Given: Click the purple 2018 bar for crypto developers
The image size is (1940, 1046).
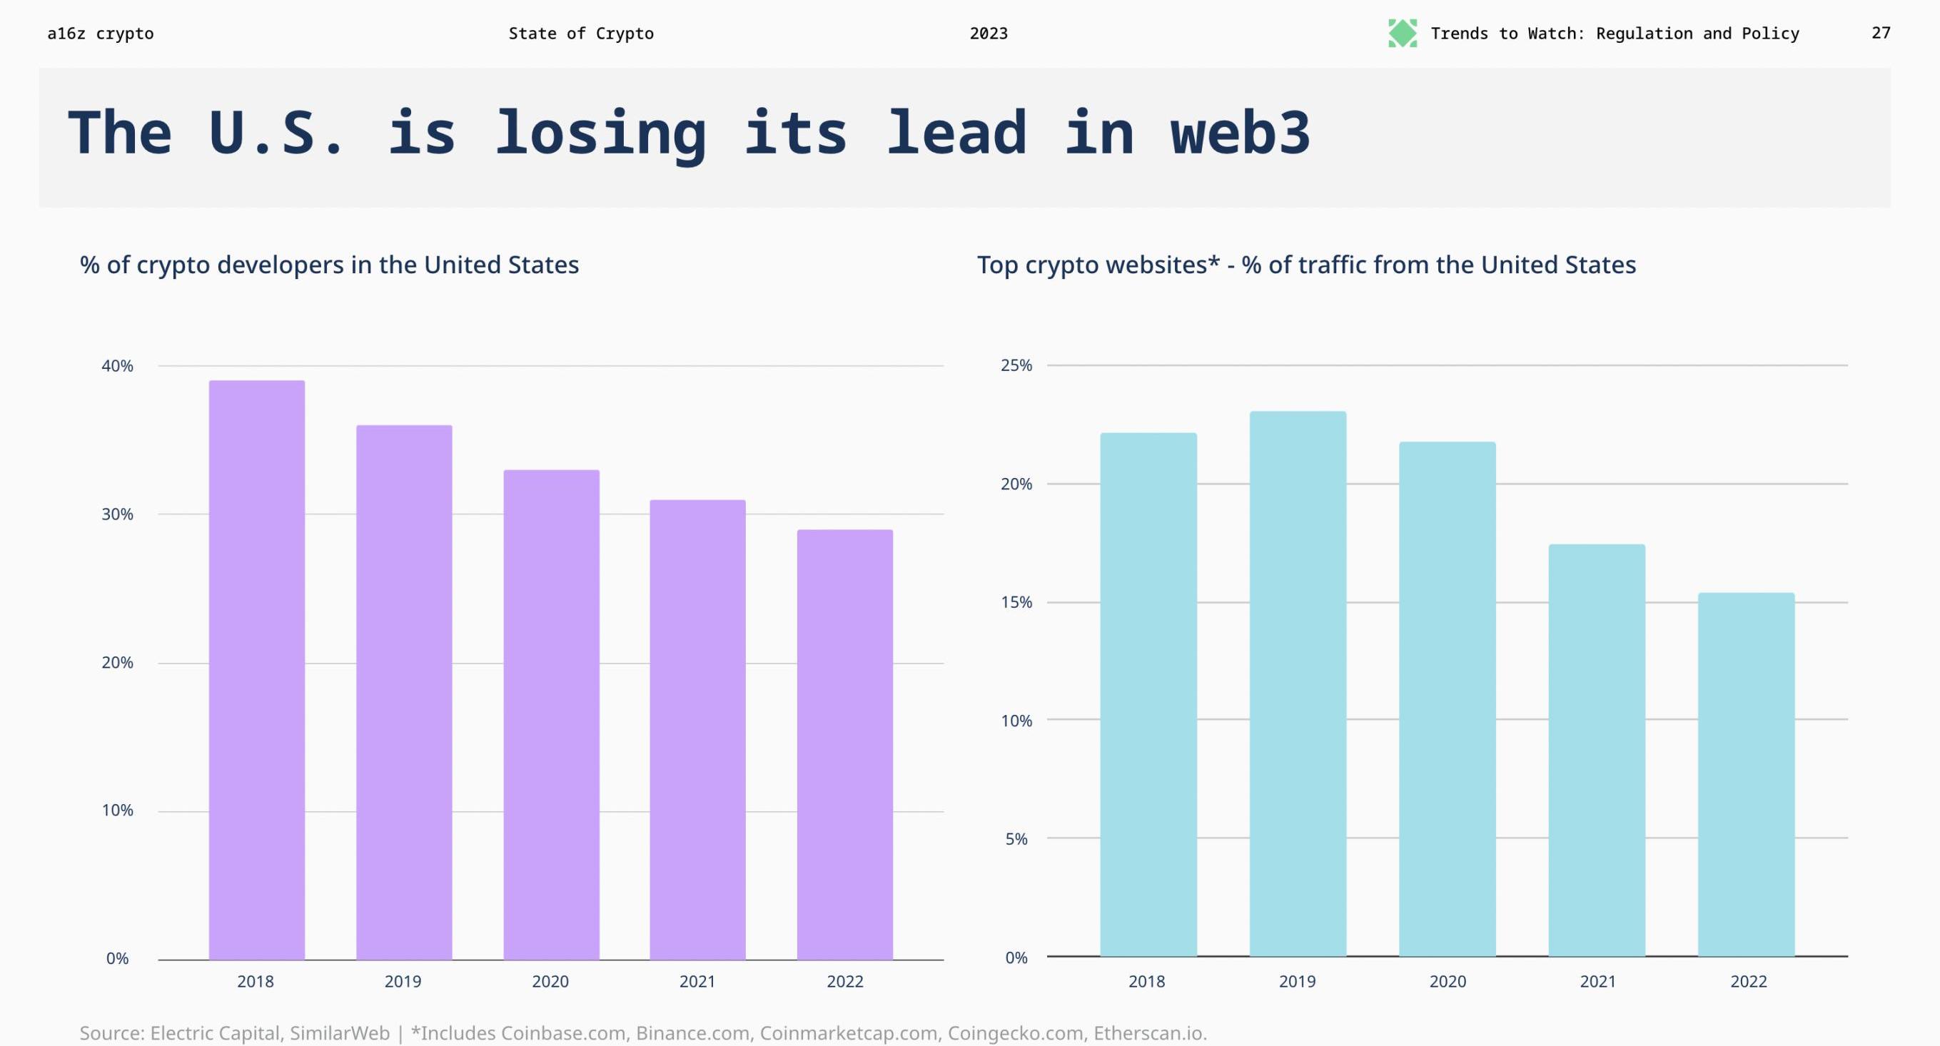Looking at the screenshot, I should tap(257, 669).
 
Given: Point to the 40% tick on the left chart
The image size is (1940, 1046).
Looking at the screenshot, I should tap(118, 366).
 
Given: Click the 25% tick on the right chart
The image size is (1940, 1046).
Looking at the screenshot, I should tap(1016, 365).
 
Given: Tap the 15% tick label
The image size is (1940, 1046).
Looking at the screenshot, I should tap(1016, 602).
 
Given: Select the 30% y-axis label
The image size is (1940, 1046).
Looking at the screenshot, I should tap(118, 514).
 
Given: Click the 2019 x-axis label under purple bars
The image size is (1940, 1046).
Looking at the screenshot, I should tap(403, 981).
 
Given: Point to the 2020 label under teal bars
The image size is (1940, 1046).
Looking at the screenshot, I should tap(1448, 981).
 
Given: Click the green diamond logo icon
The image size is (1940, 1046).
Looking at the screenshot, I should tap(1403, 33).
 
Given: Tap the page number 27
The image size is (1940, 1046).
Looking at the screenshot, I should tap(1881, 33).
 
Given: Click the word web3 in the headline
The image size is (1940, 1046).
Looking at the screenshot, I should tap(1241, 133).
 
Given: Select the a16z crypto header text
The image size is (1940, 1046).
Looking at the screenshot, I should tap(100, 33).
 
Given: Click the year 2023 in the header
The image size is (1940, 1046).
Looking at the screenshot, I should tap(988, 33).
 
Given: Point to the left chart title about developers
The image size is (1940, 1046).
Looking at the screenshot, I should tap(329, 265).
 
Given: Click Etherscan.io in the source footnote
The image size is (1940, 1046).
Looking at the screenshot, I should tap(1150, 1033).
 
